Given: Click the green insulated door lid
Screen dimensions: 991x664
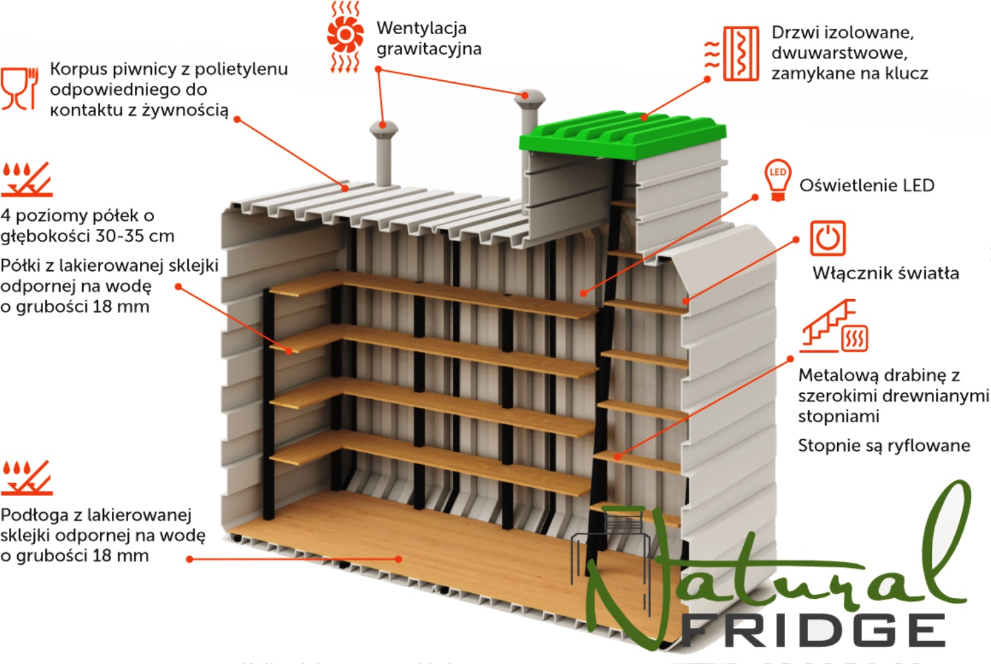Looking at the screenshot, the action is point(623,135).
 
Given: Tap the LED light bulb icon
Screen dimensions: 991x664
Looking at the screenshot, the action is point(778,180).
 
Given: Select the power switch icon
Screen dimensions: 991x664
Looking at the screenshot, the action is point(828,239).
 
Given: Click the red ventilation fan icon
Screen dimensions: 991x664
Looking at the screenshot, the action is point(345,37).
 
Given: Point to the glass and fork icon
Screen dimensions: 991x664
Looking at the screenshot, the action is point(20,89).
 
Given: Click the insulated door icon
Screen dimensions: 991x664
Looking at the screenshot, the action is point(732,53).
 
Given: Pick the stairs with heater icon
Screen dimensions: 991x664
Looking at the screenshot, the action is point(833,327).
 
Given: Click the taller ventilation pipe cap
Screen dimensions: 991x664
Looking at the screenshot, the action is point(529,99).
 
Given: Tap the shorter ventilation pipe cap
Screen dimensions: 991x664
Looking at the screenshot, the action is point(384,130).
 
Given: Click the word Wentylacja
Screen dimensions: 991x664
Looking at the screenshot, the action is point(422,28).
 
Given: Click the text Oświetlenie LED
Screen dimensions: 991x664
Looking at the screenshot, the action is point(867,185).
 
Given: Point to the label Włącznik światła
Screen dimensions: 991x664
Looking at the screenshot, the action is point(886,273).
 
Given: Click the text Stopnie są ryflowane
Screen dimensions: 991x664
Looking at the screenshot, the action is point(884,446).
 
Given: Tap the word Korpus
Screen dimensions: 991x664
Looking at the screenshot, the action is point(78,70).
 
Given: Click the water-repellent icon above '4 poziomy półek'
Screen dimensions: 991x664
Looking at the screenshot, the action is point(26,179).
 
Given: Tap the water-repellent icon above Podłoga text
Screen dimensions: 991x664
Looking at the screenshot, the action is point(26,478).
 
